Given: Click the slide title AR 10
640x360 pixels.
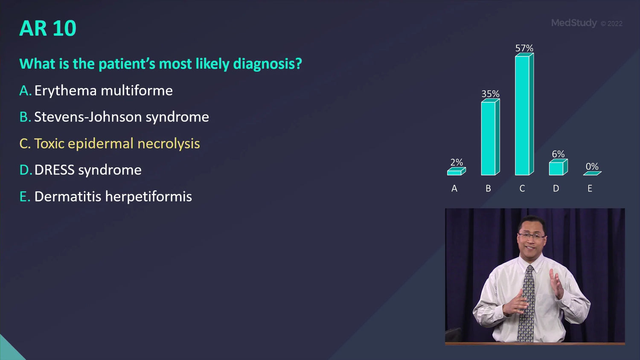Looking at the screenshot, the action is click(x=48, y=28).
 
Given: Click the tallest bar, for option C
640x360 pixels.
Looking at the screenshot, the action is click(x=524, y=114).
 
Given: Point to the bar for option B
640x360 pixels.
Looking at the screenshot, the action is click(x=490, y=137).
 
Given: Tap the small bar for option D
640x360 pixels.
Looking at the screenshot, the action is click(x=558, y=167).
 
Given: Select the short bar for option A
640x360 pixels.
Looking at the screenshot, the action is click(x=456, y=171).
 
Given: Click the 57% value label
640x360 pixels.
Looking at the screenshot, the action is click(x=524, y=48).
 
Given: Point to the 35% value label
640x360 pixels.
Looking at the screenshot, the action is click(x=490, y=94).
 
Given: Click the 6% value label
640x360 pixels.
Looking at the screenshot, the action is click(x=558, y=154).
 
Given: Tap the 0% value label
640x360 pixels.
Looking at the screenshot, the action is click(x=592, y=166).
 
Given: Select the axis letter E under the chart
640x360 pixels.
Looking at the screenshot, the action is click(x=590, y=188).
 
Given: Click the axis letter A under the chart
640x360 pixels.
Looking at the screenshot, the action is click(x=454, y=188).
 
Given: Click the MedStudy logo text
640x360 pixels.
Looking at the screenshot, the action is click(x=574, y=23).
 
